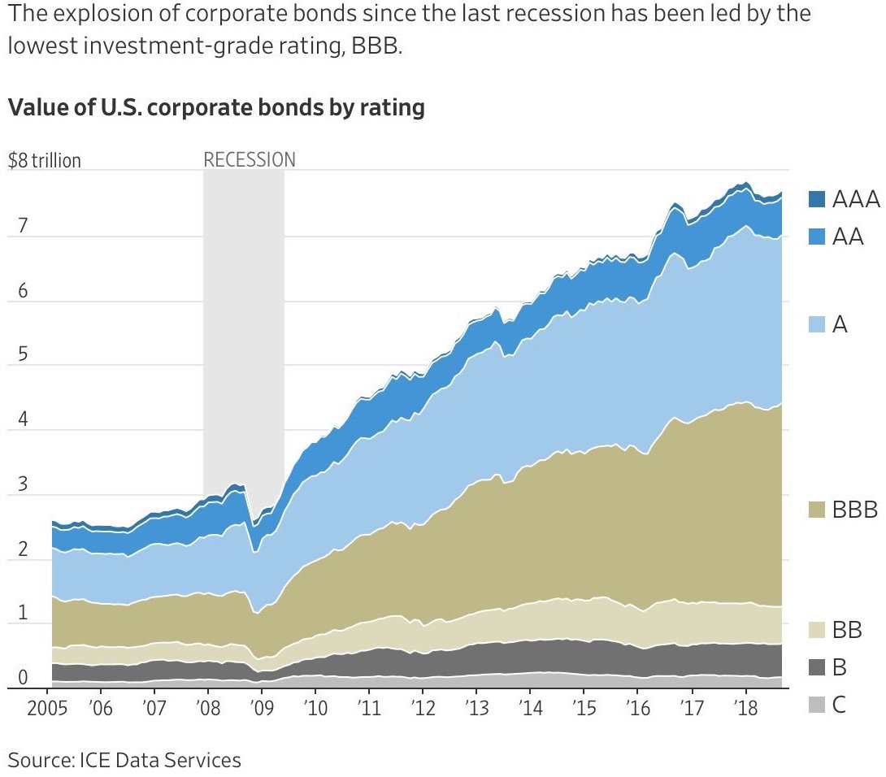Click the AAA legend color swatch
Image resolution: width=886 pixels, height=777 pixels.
[818, 198]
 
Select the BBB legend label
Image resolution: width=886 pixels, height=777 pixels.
[855, 510]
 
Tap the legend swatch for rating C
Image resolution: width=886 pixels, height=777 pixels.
[818, 705]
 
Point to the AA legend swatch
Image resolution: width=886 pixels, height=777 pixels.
[818, 237]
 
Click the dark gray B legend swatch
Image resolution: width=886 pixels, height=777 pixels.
[818, 667]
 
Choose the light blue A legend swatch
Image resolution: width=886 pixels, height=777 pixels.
[818, 325]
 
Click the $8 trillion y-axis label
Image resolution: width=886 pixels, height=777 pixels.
[45, 160]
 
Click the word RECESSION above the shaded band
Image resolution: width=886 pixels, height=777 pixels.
[250, 159]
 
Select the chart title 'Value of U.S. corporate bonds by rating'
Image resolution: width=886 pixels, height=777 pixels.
[216, 107]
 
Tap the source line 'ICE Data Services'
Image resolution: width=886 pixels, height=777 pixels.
[160, 760]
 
